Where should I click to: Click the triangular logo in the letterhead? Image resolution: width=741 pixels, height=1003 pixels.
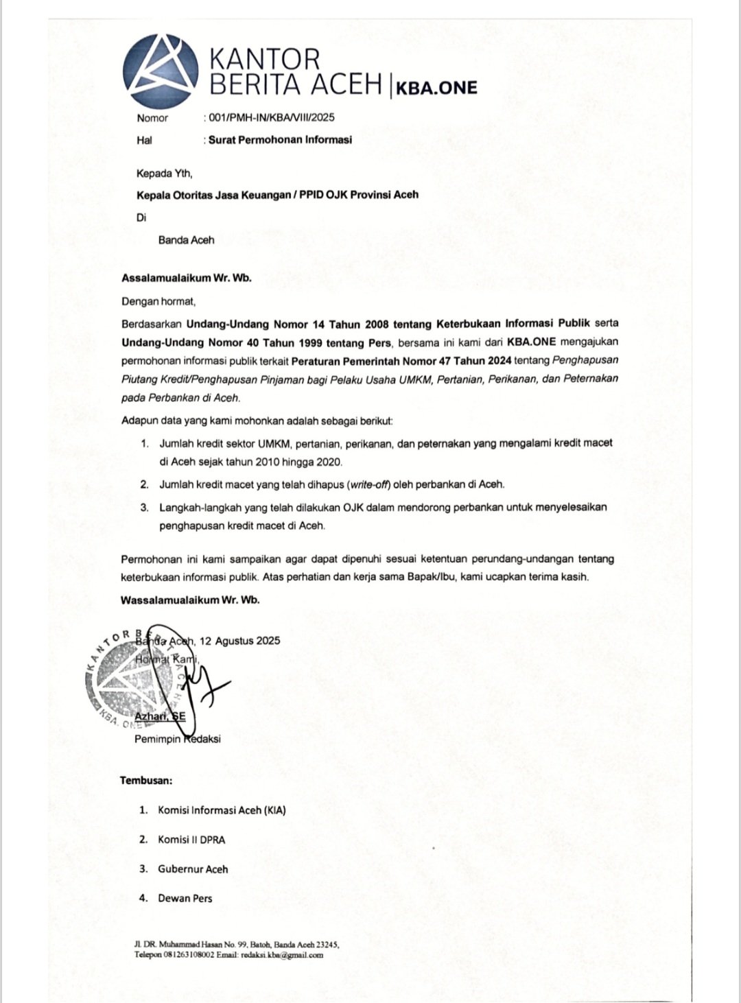[160, 71]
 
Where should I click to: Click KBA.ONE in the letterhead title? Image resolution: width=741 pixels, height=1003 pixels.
[436, 87]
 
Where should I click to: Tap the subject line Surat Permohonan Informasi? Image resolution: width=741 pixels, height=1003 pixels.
[280, 140]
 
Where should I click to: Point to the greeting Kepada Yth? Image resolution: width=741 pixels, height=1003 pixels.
[164, 174]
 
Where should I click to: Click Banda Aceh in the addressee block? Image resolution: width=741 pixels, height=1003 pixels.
[186, 240]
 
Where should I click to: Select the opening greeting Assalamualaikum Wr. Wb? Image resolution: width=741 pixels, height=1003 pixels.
[187, 278]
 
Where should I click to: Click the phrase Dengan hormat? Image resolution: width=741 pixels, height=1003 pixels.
[158, 301]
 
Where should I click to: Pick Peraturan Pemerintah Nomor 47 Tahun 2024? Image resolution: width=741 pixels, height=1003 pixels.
[401, 361]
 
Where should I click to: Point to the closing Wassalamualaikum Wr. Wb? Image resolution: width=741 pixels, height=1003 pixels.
[190, 600]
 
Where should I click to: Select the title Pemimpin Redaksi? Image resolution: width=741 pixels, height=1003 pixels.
[177, 739]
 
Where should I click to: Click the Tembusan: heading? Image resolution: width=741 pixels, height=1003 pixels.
[146, 780]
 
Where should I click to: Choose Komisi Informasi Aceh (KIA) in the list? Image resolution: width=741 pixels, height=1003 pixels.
[222, 810]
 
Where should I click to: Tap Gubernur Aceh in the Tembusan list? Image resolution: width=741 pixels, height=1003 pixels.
[193, 869]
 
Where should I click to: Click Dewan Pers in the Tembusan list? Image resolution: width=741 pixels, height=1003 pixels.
[185, 899]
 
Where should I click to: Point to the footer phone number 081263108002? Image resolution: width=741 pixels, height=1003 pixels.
[189, 955]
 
